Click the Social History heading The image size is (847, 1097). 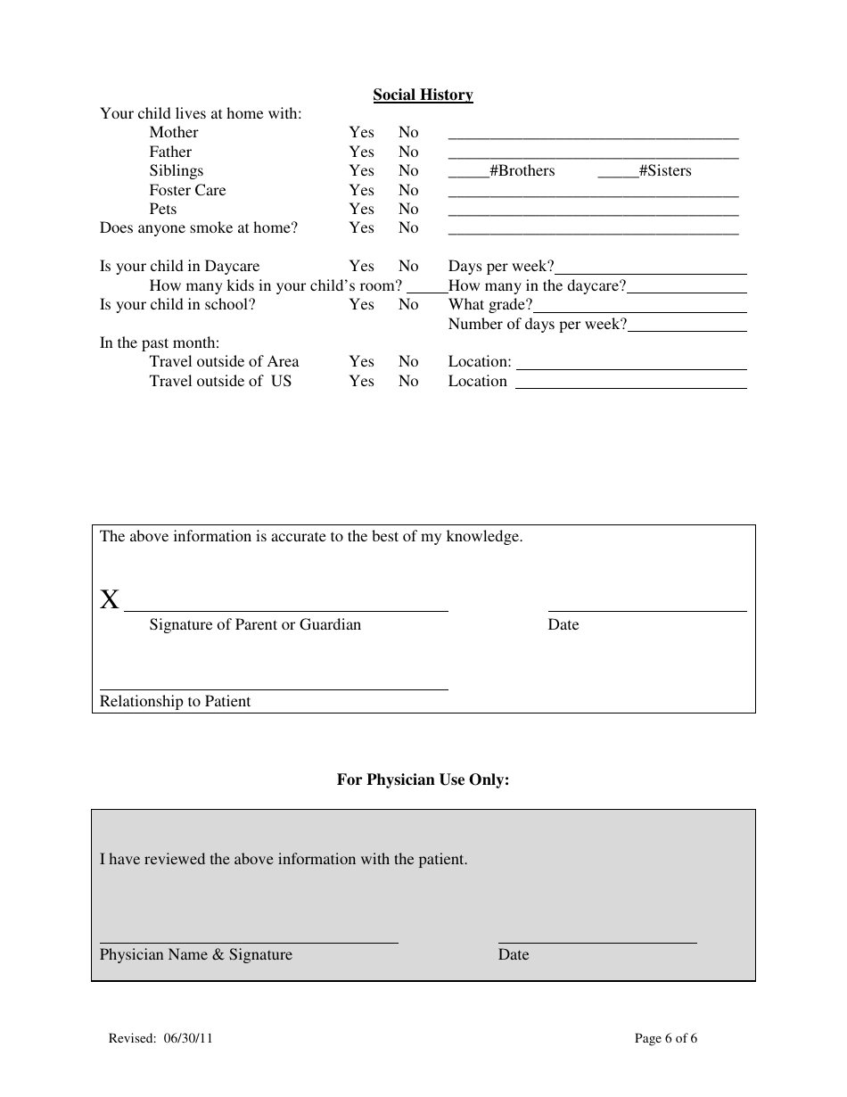pos(423,95)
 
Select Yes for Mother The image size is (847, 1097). pos(361,132)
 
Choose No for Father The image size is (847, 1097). pos(408,152)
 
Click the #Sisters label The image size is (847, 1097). pos(665,170)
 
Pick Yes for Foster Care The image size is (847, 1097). pos(361,190)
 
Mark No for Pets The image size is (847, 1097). pos(408,209)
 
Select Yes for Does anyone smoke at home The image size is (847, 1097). pos(361,227)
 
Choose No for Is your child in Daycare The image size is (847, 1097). pos(408,266)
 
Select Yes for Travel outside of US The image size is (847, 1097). pos(361,381)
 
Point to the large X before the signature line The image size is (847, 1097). pos(109,599)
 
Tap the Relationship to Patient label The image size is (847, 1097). pos(175,701)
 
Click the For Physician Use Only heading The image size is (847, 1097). pos(423,779)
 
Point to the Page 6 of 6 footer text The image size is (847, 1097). pos(665,1038)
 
